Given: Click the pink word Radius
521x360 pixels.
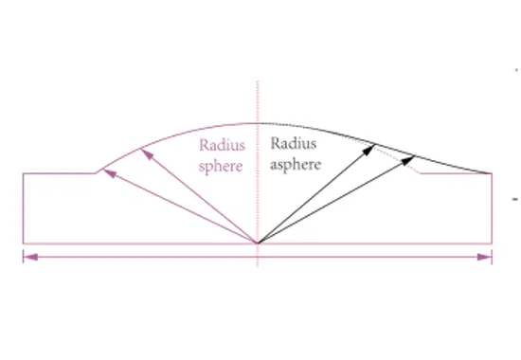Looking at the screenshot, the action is click(220, 147).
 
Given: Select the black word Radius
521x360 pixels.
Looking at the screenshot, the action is click(292, 144).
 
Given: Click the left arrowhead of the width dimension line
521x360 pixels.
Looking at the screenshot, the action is click(28, 256).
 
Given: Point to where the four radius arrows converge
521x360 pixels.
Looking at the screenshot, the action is click(258, 243).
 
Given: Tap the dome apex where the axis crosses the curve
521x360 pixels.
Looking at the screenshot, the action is click(258, 123).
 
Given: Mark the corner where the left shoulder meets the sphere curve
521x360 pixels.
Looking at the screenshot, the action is click(97, 173).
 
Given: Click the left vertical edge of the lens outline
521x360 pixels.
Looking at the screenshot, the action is click(23, 208).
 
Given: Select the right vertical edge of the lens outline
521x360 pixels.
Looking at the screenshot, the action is click(493, 208).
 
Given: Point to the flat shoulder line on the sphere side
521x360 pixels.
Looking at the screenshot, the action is click(59, 173).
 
